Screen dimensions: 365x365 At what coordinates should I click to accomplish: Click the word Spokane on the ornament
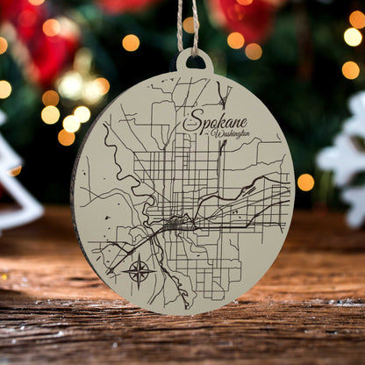(217, 124)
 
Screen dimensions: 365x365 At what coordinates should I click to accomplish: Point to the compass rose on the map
(140, 270)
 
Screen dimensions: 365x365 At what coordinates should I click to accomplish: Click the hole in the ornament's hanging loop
(193, 62)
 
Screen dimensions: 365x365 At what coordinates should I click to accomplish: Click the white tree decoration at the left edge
(16, 175)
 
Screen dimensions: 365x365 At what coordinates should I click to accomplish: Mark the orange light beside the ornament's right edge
(305, 182)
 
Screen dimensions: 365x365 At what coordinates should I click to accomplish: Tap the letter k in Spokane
(222, 123)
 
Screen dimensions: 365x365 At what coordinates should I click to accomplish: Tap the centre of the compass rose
(140, 271)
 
